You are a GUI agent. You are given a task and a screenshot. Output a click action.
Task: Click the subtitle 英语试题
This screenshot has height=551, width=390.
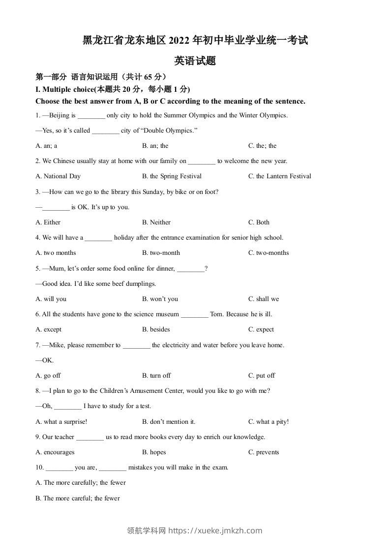195,61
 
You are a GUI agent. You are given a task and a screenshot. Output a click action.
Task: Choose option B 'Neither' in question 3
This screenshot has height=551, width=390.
156,222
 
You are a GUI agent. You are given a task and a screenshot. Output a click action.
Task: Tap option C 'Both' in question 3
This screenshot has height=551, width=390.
259,222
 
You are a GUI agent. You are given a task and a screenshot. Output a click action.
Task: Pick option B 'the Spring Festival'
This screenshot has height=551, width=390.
172,176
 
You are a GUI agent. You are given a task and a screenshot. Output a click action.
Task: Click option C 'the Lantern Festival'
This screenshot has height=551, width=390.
279,176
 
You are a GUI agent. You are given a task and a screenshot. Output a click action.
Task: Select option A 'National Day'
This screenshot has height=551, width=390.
58,176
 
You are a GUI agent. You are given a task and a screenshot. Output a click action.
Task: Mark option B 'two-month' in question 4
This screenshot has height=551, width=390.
161,253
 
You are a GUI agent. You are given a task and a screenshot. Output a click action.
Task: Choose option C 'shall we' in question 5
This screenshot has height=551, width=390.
264,299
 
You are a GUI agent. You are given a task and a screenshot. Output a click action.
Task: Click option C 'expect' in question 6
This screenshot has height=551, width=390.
261,330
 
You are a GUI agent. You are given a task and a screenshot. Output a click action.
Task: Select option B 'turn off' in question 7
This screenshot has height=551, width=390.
156,376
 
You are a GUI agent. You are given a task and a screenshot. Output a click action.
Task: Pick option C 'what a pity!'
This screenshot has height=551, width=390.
269,422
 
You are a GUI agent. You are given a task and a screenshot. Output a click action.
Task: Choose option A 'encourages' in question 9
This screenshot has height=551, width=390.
55,452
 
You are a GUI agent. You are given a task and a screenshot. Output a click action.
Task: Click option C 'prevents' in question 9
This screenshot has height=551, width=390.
264,452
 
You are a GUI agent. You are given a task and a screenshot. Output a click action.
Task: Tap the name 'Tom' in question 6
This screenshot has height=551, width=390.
216,314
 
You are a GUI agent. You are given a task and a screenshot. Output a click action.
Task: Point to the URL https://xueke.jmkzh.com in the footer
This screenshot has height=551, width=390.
215,530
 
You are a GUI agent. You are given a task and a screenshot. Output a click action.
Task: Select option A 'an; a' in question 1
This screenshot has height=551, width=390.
47,146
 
